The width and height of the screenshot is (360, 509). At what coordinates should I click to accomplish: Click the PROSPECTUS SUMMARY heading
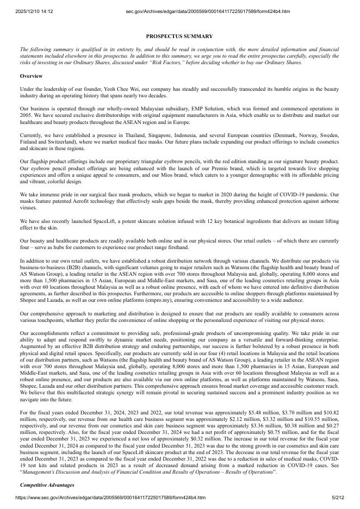click(179, 36)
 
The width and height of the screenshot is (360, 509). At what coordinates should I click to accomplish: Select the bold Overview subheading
click(31, 76)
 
